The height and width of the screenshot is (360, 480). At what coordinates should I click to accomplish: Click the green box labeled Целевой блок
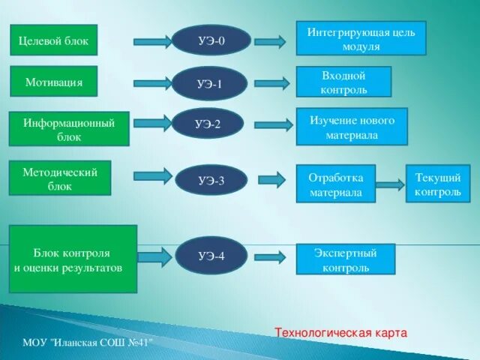(x=54, y=40)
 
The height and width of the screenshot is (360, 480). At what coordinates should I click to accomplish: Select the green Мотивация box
(x=53, y=81)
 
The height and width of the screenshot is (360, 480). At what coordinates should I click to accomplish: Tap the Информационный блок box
(x=69, y=128)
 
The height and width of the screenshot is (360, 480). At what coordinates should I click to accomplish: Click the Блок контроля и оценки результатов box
(x=73, y=259)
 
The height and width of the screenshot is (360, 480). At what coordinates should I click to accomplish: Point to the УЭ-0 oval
(x=211, y=41)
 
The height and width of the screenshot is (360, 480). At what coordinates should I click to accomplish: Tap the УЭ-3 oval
(x=211, y=180)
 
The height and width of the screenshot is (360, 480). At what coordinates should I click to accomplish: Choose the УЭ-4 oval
(x=211, y=256)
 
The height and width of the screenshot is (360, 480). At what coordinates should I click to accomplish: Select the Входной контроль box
(x=343, y=82)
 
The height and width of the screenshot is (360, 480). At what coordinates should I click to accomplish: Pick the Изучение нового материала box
(x=351, y=126)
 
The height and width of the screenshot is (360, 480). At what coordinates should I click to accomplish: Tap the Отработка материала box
(x=335, y=184)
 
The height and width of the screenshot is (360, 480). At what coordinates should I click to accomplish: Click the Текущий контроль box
(x=438, y=184)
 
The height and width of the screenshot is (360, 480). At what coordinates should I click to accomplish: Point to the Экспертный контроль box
(x=345, y=259)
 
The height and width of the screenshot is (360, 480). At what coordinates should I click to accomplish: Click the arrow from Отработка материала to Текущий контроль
(x=390, y=184)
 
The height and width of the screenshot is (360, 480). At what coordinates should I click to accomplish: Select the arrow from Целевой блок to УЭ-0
(x=153, y=42)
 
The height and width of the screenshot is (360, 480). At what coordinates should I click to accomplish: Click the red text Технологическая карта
(x=340, y=331)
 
